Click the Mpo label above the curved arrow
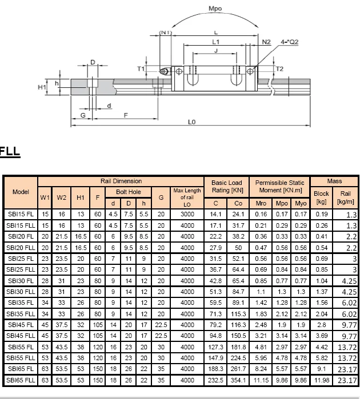pos(215,10)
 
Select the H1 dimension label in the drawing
pos(42,87)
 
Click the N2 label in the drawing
pos(266,42)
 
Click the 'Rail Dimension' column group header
pos(121,181)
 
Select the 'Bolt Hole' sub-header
pos(129,192)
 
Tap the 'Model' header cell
pos(21,192)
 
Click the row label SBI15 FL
pos(21,215)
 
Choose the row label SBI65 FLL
pos(21,380)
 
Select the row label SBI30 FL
pos(21,281)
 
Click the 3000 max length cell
pos(187,215)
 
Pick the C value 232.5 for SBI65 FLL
pos(215,380)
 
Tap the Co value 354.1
pos(238,380)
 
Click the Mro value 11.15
pos(261,380)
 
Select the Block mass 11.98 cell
pos(322,380)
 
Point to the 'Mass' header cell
pos(334,181)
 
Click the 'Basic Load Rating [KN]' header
pos(227,187)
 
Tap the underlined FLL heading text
pos(10,152)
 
